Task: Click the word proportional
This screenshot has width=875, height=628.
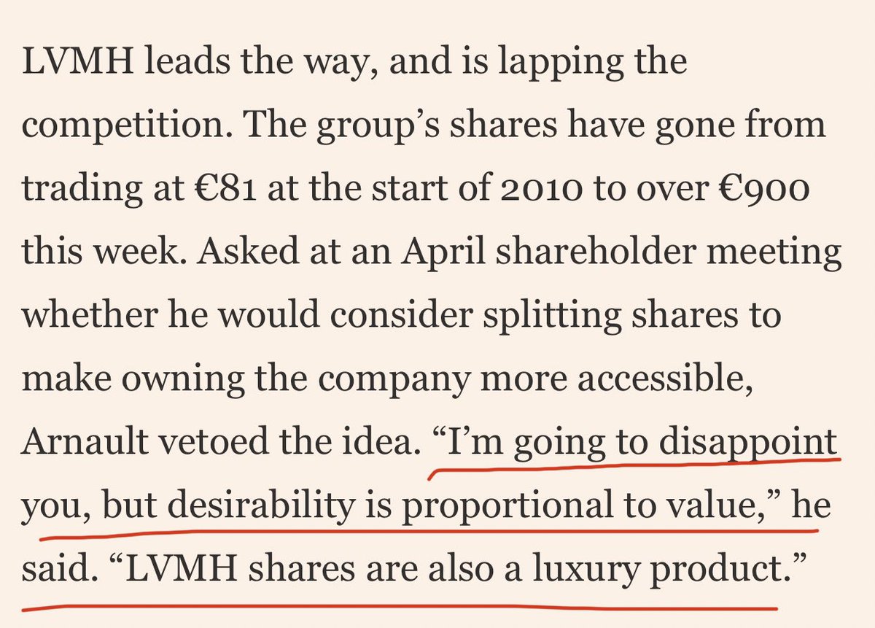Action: pos(507,505)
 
